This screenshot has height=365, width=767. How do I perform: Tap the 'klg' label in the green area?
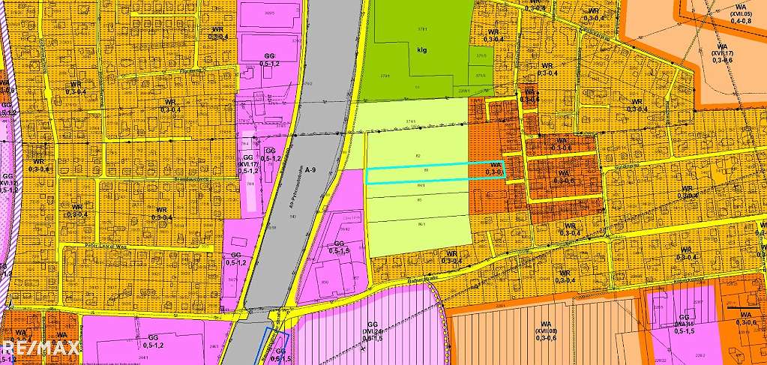[x=421, y=51]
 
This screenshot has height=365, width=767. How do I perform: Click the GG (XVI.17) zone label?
[x=248, y=163]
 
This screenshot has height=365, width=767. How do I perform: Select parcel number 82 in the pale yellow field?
[x=417, y=155]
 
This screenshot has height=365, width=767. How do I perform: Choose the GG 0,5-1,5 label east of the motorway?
[x=339, y=248]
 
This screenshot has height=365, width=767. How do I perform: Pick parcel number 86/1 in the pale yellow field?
[x=421, y=223]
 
